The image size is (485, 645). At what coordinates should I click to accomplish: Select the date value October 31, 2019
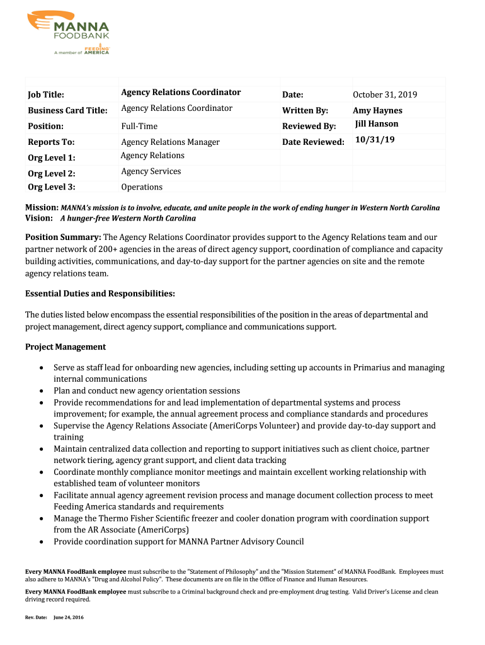(385, 94)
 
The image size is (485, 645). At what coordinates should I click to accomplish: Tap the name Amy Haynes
(377, 110)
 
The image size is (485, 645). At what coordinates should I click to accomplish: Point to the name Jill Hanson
(377, 123)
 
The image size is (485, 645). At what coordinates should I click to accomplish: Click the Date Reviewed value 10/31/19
(375, 139)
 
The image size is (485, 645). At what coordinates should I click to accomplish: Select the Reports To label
(51, 142)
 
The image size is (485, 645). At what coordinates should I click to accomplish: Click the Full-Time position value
(139, 127)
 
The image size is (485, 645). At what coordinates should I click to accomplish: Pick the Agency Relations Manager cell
(170, 142)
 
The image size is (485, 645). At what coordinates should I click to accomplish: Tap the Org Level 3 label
(51, 186)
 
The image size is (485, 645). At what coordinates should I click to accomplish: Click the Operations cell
(142, 187)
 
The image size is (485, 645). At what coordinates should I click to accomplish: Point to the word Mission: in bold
(42, 207)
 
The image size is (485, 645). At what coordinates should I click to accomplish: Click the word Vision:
(38, 218)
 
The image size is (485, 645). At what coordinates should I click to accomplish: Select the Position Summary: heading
(63, 237)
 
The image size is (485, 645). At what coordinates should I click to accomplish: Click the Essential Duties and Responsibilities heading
(100, 294)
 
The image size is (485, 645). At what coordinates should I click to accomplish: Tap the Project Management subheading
(66, 347)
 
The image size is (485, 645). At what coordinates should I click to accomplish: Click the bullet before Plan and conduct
(42, 391)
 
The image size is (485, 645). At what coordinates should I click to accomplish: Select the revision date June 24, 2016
(69, 617)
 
